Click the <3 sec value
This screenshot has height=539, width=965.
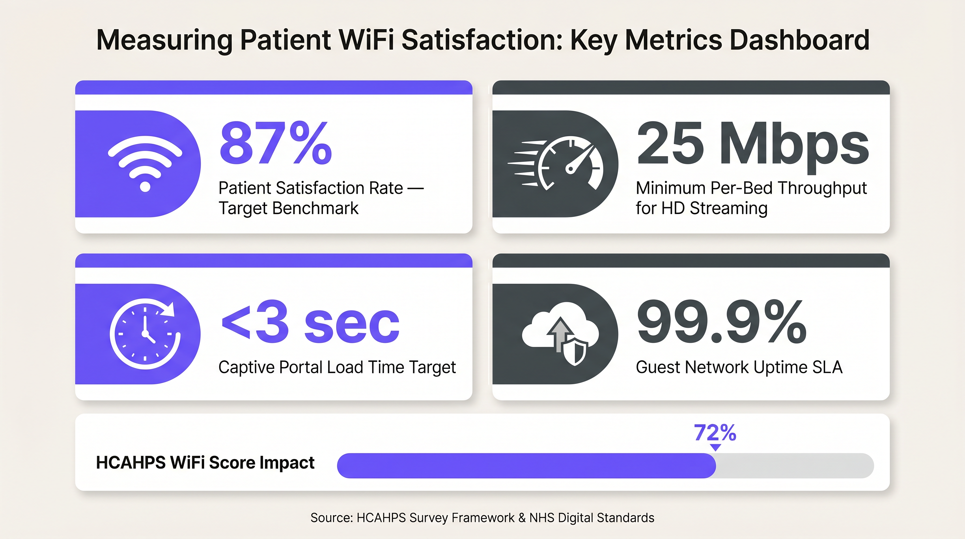(310, 322)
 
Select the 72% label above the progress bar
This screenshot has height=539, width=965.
(715, 433)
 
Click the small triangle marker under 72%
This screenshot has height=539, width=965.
(715, 447)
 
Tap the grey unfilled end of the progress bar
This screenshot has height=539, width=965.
(794, 466)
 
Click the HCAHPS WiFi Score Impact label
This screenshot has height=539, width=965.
(205, 463)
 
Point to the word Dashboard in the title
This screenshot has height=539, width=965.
(799, 40)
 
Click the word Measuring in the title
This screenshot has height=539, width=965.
(164, 40)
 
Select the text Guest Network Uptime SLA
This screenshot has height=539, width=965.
(739, 367)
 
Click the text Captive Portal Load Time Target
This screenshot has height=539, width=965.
(337, 367)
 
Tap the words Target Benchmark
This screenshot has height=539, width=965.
(289, 208)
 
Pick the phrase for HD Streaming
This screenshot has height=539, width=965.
(701, 208)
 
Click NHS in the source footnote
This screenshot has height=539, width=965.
(542, 518)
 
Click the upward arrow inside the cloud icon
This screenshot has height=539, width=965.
(559, 332)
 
